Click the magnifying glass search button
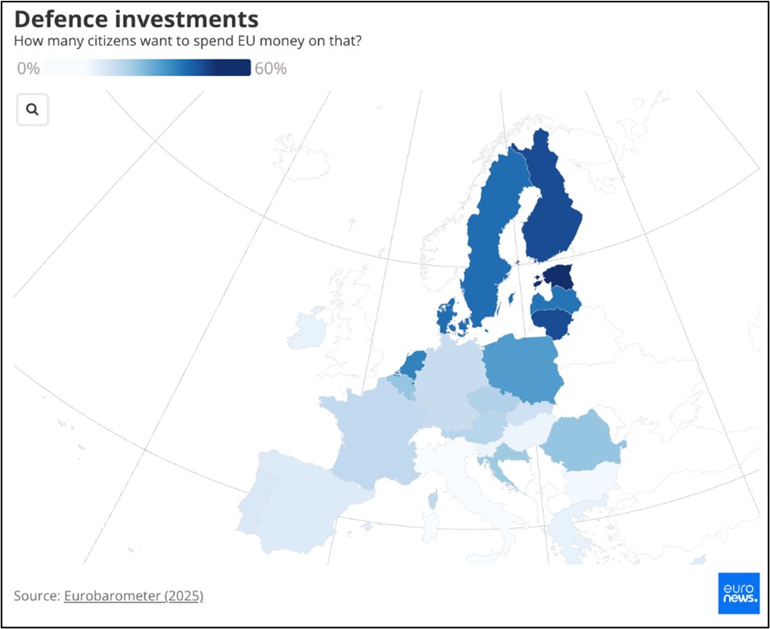point(32,110)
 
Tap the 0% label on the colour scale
point(28,68)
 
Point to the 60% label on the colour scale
point(271,68)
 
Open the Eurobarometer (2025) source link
point(134,596)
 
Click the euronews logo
point(739,594)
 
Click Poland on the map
point(522,366)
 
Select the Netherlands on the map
point(412,363)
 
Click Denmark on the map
point(445,317)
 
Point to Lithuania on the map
point(555,324)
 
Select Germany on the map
point(447,387)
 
